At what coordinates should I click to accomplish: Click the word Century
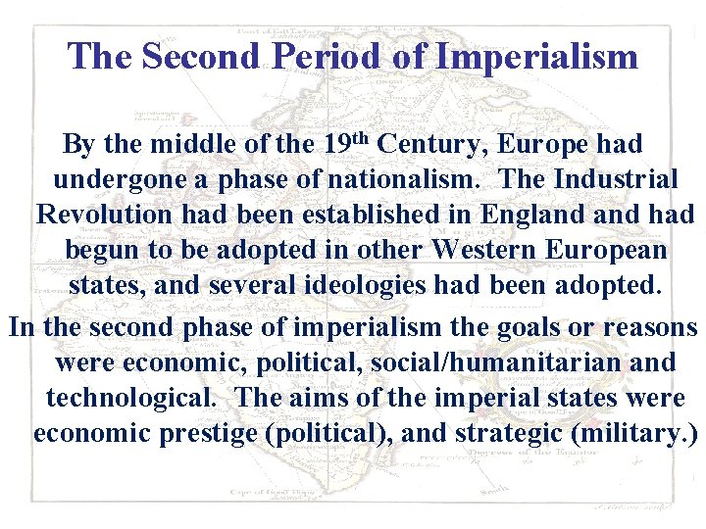[431, 145]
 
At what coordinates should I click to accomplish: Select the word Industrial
[615, 180]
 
